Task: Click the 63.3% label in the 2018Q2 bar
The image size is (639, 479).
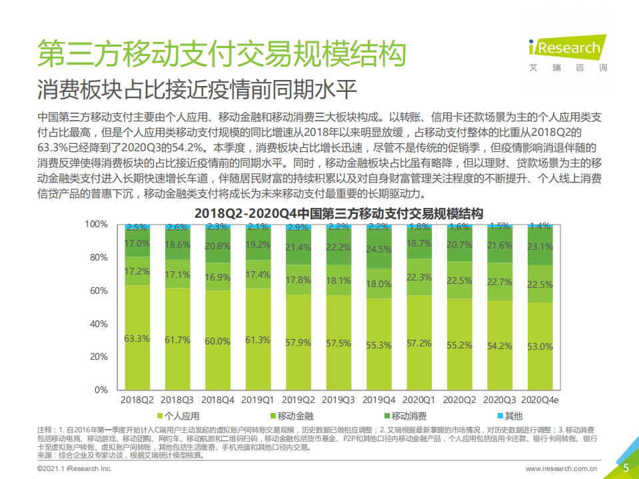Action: (137, 338)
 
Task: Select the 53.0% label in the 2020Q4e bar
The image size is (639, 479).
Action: (540, 346)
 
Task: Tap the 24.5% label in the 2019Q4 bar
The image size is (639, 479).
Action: (378, 249)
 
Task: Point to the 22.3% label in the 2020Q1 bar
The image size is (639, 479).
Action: (419, 277)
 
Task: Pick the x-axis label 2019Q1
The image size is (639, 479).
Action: (257, 400)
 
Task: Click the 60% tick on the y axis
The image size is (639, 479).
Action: (98, 290)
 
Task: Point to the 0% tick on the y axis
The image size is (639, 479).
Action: (101, 389)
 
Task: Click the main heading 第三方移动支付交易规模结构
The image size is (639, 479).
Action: (221, 53)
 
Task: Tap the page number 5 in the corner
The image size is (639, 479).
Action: (626, 468)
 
